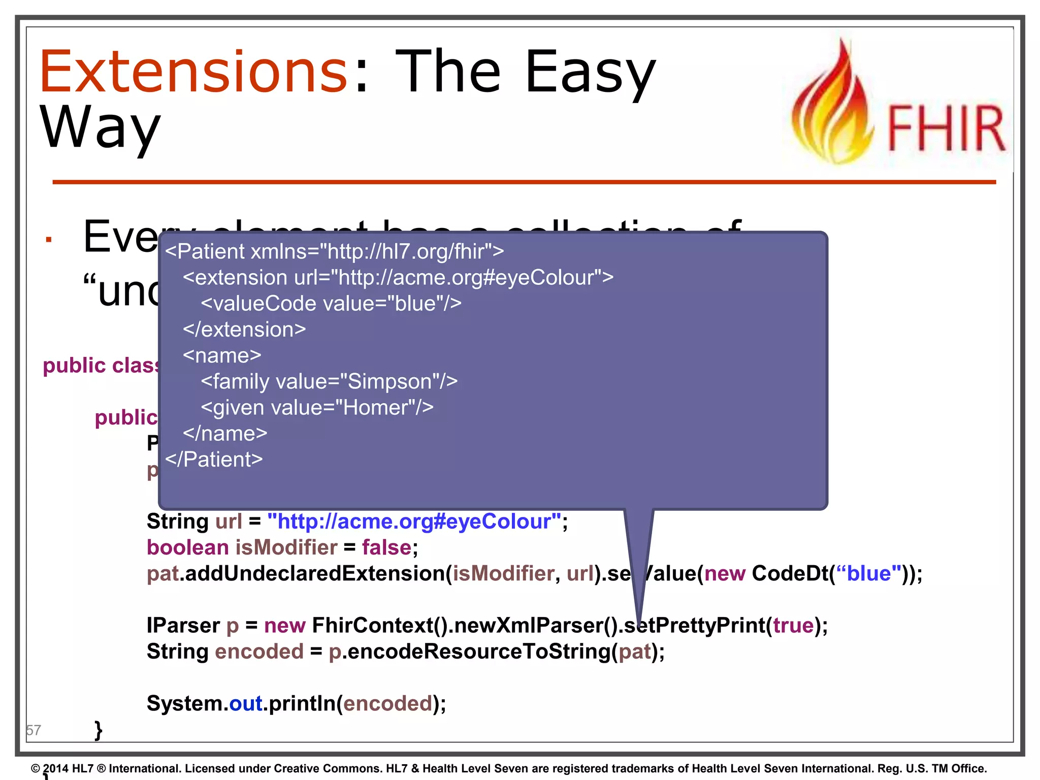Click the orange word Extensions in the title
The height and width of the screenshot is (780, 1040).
click(193, 72)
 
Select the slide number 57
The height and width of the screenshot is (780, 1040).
click(34, 730)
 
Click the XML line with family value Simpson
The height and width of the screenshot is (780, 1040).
click(329, 381)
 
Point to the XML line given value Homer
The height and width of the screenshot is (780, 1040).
click(317, 407)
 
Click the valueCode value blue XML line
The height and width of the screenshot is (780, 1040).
click(331, 304)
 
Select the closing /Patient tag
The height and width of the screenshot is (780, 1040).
click(214, 460)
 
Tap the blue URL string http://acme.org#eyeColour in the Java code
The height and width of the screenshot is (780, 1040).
click(414, 522)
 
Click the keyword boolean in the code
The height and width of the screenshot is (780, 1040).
click(187, 547)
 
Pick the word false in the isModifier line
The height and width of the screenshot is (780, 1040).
click(386, 547)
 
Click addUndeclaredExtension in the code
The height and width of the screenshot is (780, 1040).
click(315, 573)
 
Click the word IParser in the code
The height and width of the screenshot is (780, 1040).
click(182, 625)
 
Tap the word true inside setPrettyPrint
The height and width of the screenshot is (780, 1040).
click(793, 625)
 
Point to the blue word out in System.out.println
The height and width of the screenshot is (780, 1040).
click(246, 703)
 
